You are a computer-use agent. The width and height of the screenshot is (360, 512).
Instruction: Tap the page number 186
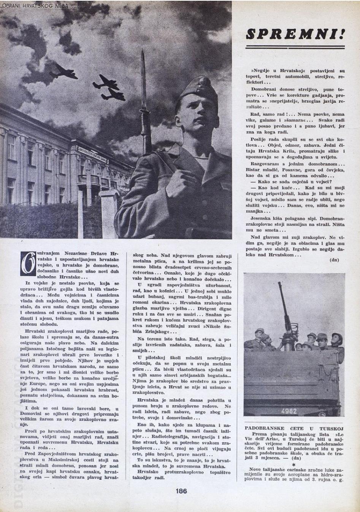coord(181,491)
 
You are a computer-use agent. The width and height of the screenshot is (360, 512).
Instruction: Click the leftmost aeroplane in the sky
coord(63,70)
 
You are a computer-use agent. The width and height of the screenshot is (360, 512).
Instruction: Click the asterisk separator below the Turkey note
coord(294,464)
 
